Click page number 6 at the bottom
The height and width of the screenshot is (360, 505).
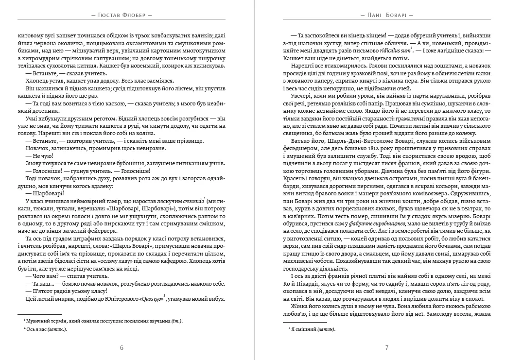click(x=122, y=347)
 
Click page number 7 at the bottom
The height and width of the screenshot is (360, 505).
click(x=386, y=347)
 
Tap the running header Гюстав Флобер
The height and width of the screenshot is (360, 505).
click(x=122, y=15)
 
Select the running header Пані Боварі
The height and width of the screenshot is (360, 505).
click(x=387, y=15)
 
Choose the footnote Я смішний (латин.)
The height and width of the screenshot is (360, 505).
click(x=312, y=329)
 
